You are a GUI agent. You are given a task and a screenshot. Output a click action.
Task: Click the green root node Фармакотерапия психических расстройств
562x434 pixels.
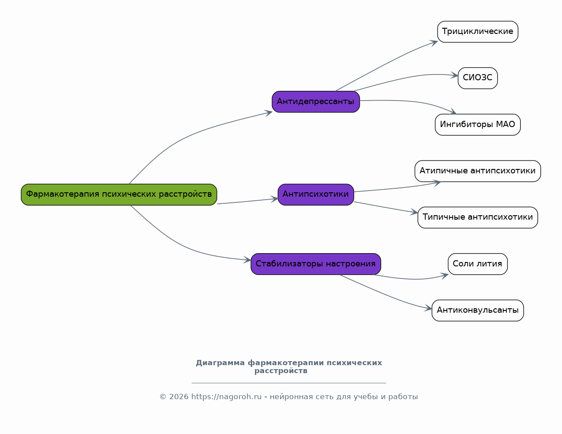[119, 195]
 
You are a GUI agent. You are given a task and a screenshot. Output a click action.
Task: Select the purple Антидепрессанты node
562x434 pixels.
[316, 102]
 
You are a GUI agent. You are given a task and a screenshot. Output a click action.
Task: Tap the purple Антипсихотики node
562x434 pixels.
[316, 195]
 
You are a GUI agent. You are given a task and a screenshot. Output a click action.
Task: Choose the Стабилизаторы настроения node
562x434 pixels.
[316, 264]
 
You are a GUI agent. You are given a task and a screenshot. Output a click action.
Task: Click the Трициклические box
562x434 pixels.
[477, 32]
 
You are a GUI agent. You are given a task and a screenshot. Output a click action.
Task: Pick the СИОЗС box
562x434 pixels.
[477, 78]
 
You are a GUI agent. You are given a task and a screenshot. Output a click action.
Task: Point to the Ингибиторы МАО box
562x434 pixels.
[477, 125]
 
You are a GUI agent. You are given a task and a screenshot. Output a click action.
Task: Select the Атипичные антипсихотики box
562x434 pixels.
[477, 171]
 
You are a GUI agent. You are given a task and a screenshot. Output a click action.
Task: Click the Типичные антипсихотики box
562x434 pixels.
[477, 217]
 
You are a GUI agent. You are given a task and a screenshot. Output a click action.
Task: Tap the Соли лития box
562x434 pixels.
[477, 264]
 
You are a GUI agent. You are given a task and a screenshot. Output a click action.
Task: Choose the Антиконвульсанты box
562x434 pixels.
[477, 311]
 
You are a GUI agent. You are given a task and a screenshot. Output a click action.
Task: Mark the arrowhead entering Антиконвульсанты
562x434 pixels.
[429, 308]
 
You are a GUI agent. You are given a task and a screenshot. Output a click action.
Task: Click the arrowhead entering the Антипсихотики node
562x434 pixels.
[275, 199]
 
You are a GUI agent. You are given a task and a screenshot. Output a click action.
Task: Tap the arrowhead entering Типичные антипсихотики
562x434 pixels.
[415, 213]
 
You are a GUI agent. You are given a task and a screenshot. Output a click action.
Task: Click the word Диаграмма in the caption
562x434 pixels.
[220, 363]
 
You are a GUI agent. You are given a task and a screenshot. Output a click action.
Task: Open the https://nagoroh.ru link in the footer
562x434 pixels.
[226, 397]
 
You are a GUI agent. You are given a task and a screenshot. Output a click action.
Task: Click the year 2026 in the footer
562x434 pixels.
[179, 397]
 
